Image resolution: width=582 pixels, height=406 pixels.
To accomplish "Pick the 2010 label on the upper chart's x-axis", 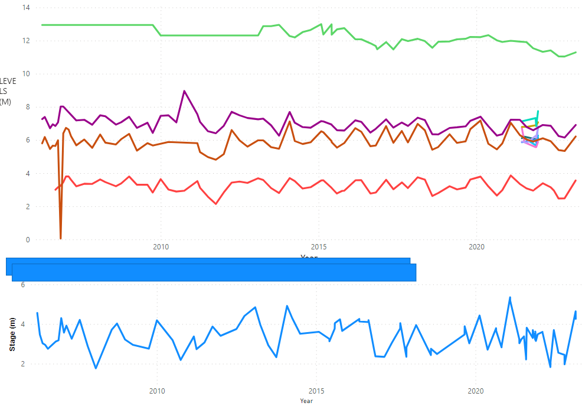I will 161,246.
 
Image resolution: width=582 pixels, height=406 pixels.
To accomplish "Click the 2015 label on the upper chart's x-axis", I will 319,246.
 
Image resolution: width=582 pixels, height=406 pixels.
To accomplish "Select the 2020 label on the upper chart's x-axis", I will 476,246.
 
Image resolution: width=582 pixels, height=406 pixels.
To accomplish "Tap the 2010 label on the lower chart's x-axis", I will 157,391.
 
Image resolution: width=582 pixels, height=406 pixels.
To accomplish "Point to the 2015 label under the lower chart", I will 316,391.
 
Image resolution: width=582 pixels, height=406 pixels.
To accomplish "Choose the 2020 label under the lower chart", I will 476,391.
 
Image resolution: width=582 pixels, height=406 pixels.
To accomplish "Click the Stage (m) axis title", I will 12,334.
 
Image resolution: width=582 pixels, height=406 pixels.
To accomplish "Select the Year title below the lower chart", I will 306,401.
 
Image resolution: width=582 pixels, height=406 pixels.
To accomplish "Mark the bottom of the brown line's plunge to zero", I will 61,238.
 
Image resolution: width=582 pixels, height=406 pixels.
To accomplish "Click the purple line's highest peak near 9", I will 184,91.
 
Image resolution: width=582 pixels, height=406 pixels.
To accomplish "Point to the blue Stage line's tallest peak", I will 510,297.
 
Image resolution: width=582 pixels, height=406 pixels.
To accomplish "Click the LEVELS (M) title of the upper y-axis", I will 8,92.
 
